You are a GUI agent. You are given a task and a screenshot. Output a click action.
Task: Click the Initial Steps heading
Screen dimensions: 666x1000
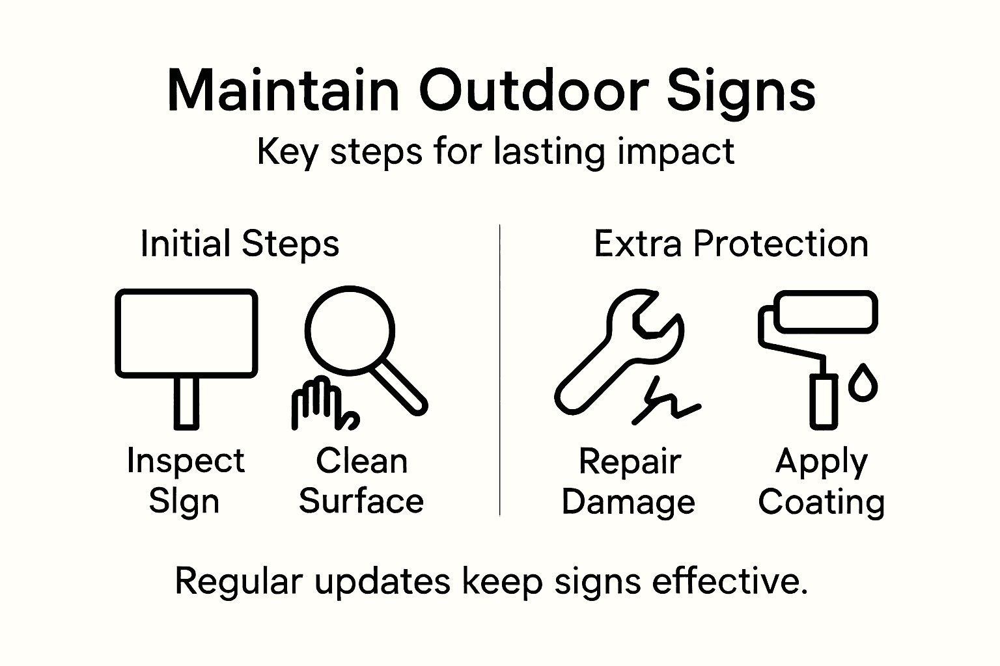[240, 244]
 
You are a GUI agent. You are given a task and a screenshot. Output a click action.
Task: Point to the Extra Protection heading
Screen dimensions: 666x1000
[730, 244]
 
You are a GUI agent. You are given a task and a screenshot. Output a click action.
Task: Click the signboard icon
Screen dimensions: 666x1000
[186, 333]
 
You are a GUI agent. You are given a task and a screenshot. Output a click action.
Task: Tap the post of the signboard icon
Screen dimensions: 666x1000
[186, 403]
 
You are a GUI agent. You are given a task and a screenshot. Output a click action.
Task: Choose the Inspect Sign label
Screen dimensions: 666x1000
[186, 481]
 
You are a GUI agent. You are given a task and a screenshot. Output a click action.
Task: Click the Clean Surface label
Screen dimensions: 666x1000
[361, 481]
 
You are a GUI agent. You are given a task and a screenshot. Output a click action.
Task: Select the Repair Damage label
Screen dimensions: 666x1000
[628, 482]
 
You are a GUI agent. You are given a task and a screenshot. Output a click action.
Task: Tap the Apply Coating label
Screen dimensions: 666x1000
[821, 482]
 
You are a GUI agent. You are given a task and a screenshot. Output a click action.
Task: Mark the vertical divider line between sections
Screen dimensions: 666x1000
[499, 371]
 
